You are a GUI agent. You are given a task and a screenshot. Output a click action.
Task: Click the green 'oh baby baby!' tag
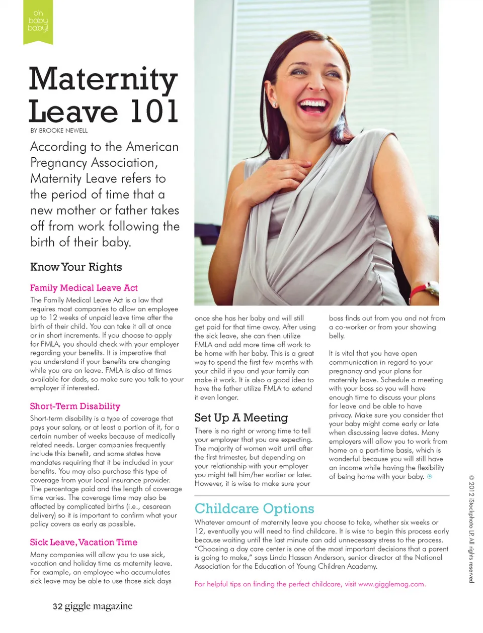38,21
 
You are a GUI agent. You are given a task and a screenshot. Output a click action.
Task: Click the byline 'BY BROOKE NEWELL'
59,131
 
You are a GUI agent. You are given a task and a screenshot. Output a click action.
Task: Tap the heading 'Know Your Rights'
76,267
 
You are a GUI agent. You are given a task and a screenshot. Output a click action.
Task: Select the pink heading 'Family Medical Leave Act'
84,288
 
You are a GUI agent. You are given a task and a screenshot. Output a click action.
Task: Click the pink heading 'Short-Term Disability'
75,406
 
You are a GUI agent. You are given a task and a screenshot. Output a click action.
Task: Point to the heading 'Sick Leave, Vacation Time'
84,542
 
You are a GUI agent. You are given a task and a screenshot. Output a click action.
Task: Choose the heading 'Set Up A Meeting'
241,417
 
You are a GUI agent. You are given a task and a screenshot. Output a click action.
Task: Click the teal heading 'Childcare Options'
254,508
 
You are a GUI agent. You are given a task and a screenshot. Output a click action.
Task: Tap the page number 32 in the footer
57,606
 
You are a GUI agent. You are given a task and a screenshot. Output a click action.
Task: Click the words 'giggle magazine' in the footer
99,606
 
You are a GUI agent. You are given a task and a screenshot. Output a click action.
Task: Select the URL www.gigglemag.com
391,584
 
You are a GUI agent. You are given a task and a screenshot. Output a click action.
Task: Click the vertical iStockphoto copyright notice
471,529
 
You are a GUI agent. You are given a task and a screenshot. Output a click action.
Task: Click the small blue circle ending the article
430,476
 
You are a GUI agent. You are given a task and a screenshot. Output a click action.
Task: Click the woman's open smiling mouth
313,106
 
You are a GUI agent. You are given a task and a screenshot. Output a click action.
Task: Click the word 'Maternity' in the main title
103,80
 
